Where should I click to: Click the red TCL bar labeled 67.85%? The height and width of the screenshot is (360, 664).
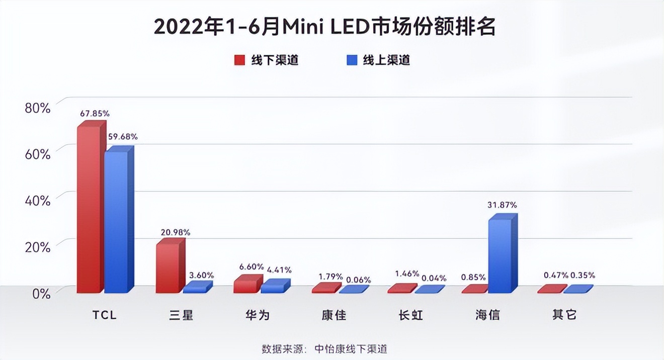tap(89, 209)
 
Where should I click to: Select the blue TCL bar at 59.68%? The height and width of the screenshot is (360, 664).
tap(115, 221)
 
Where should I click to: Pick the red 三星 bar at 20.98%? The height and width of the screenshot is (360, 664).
tap(167, 268)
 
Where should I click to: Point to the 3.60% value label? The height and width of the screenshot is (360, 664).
tap(201, 276)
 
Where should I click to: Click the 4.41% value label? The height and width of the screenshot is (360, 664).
tap(279, 270)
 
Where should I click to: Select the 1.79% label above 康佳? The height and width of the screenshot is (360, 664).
tap(331, 277)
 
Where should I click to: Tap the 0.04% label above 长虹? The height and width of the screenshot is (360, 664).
tap(434, 278)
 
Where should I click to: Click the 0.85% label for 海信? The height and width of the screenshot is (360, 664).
tap(473, 277)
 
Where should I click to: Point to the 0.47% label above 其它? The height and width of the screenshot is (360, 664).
tap(556, 275)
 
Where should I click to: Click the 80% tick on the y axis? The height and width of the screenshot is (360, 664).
tap(38, 108)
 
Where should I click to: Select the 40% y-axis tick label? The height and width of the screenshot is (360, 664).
tap(38, 201)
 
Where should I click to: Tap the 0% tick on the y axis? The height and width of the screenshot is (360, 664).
tap(41, 294)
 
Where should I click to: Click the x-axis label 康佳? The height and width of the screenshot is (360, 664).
tap(334, 315)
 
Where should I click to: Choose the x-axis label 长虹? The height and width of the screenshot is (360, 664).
tap(410, 315)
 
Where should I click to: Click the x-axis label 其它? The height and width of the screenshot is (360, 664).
tap(564, 315)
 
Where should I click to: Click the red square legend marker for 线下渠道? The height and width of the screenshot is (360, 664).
tap(239, 60)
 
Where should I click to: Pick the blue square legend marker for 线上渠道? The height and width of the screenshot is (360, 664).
tap(352, 60)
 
